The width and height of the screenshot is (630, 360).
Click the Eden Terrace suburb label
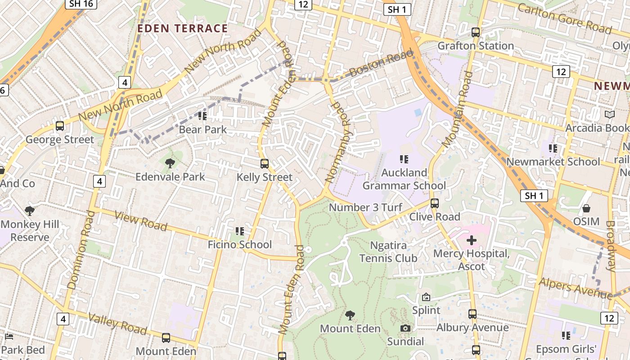182,28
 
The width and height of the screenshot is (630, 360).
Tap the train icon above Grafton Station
475,32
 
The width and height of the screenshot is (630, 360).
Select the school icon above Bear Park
202,116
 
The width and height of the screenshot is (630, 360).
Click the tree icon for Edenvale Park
170,163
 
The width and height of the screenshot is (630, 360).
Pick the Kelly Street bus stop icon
265,164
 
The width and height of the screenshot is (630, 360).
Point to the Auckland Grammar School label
404,179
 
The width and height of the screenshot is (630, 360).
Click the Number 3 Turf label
365,207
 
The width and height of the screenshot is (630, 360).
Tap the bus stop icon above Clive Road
434,203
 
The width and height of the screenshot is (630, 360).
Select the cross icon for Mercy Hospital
471,240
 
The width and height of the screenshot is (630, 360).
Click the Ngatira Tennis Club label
388,252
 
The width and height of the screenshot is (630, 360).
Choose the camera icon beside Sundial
405,328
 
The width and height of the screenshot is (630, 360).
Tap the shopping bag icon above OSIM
586,208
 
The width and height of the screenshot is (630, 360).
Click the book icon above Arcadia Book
610,115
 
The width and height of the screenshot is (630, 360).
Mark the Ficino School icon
240,231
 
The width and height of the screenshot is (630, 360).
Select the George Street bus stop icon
60,126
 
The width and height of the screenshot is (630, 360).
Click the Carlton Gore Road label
564,18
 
